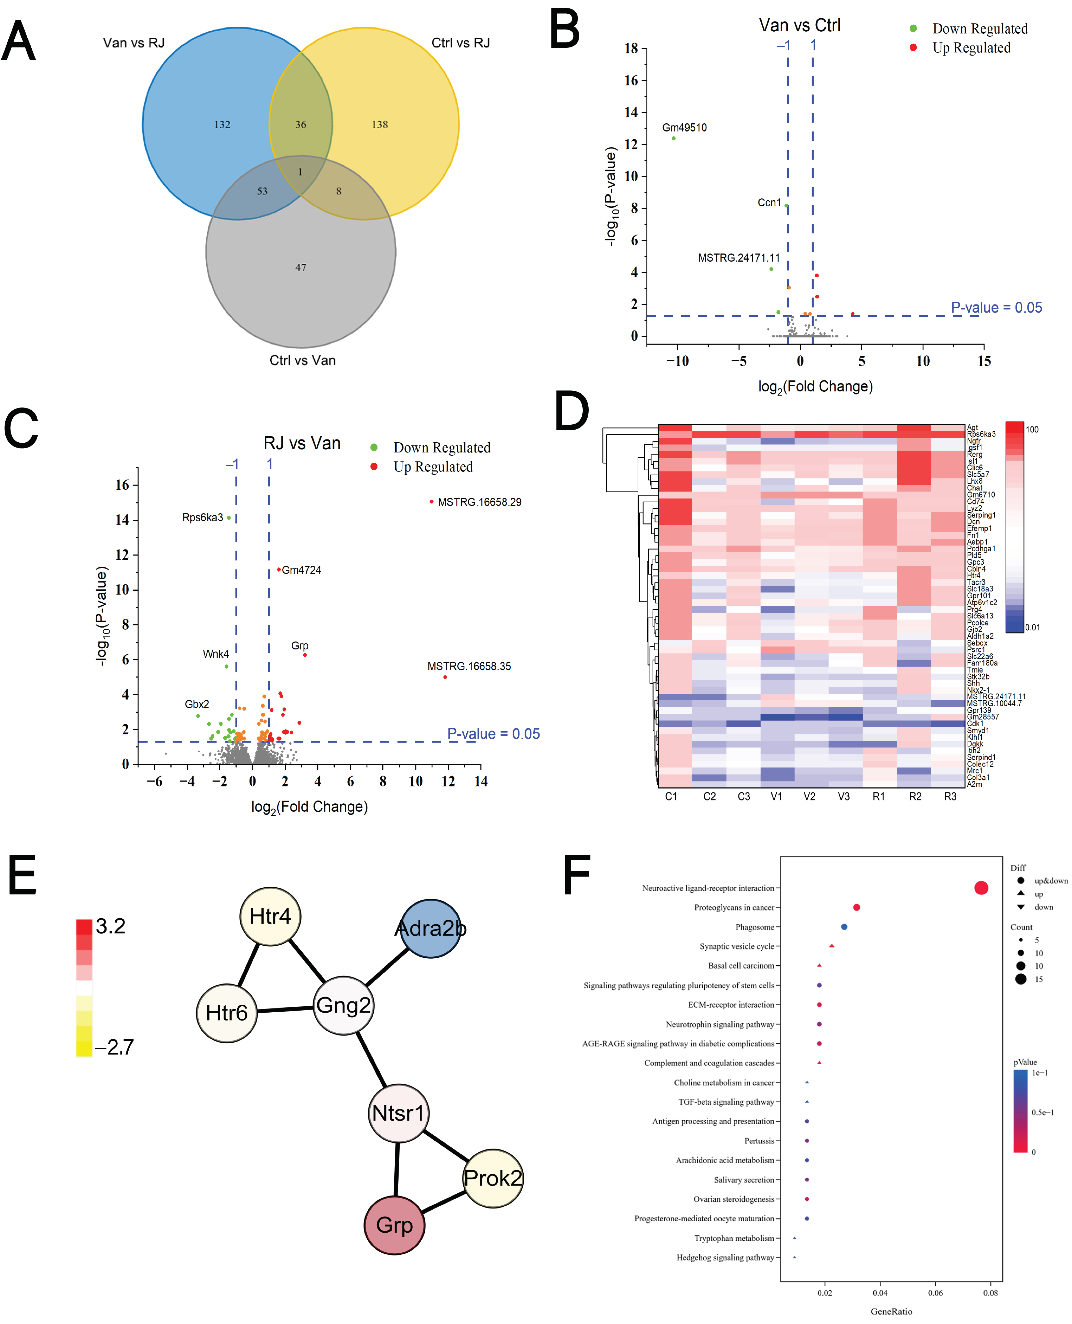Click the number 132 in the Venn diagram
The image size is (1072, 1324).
(222, 125)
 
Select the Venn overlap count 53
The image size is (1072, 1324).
(262, 191)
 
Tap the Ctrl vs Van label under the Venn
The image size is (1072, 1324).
(303, 361)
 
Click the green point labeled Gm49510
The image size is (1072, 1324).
(674, 138)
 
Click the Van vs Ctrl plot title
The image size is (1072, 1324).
(800, 26)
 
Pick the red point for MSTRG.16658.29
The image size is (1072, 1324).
(432, 502)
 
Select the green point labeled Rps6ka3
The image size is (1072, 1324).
(229, 518)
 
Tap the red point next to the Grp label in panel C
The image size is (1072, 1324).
(305, 655)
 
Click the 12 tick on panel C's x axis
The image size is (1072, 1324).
(448, 782)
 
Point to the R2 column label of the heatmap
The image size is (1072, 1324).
(915, 797)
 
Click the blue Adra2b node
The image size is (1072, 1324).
(430, 928)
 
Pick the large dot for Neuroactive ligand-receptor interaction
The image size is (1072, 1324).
(981, 888)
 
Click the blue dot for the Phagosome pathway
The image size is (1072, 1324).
(844, 927)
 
